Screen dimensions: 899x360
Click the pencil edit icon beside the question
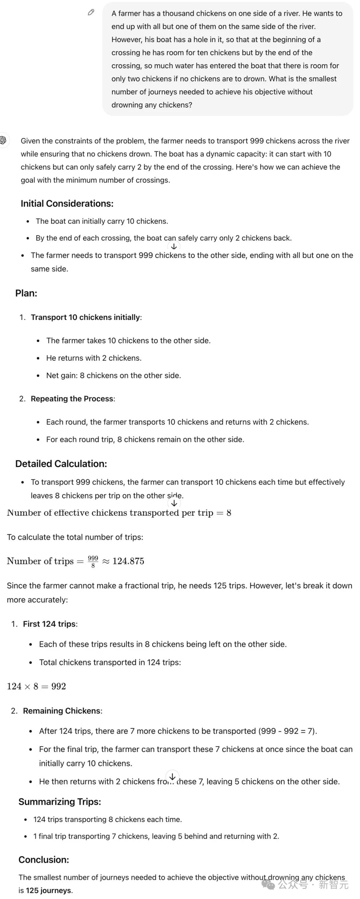pyautogui.click(x=91, y=13)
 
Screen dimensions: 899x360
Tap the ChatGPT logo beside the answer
pyautogui.click(x=3, y=140)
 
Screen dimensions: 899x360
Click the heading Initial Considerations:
pyautogui.click(x=67, y=203)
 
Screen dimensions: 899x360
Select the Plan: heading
pyautogui.click(x=26, y=293)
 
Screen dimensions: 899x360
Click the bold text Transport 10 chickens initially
pyautogui.click(x=85, y=317)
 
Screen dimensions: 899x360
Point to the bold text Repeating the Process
pyautogui.click(x=72, y=399)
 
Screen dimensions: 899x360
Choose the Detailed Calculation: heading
pyautogui.click(x=61, y=463)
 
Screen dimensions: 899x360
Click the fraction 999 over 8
pyautogui.click(x=93, y=562)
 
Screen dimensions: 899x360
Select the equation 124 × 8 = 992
pyautogui.click(x=36, y=686)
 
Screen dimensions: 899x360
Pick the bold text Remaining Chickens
pyautogui.click(x=62, y=711)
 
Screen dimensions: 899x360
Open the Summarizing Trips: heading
pyautogui.click(x=60, y=802)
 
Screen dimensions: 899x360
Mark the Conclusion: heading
pyautogui.click(x=44, y=860)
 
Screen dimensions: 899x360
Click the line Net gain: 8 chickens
pyautogui.click(x=113, y=376)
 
